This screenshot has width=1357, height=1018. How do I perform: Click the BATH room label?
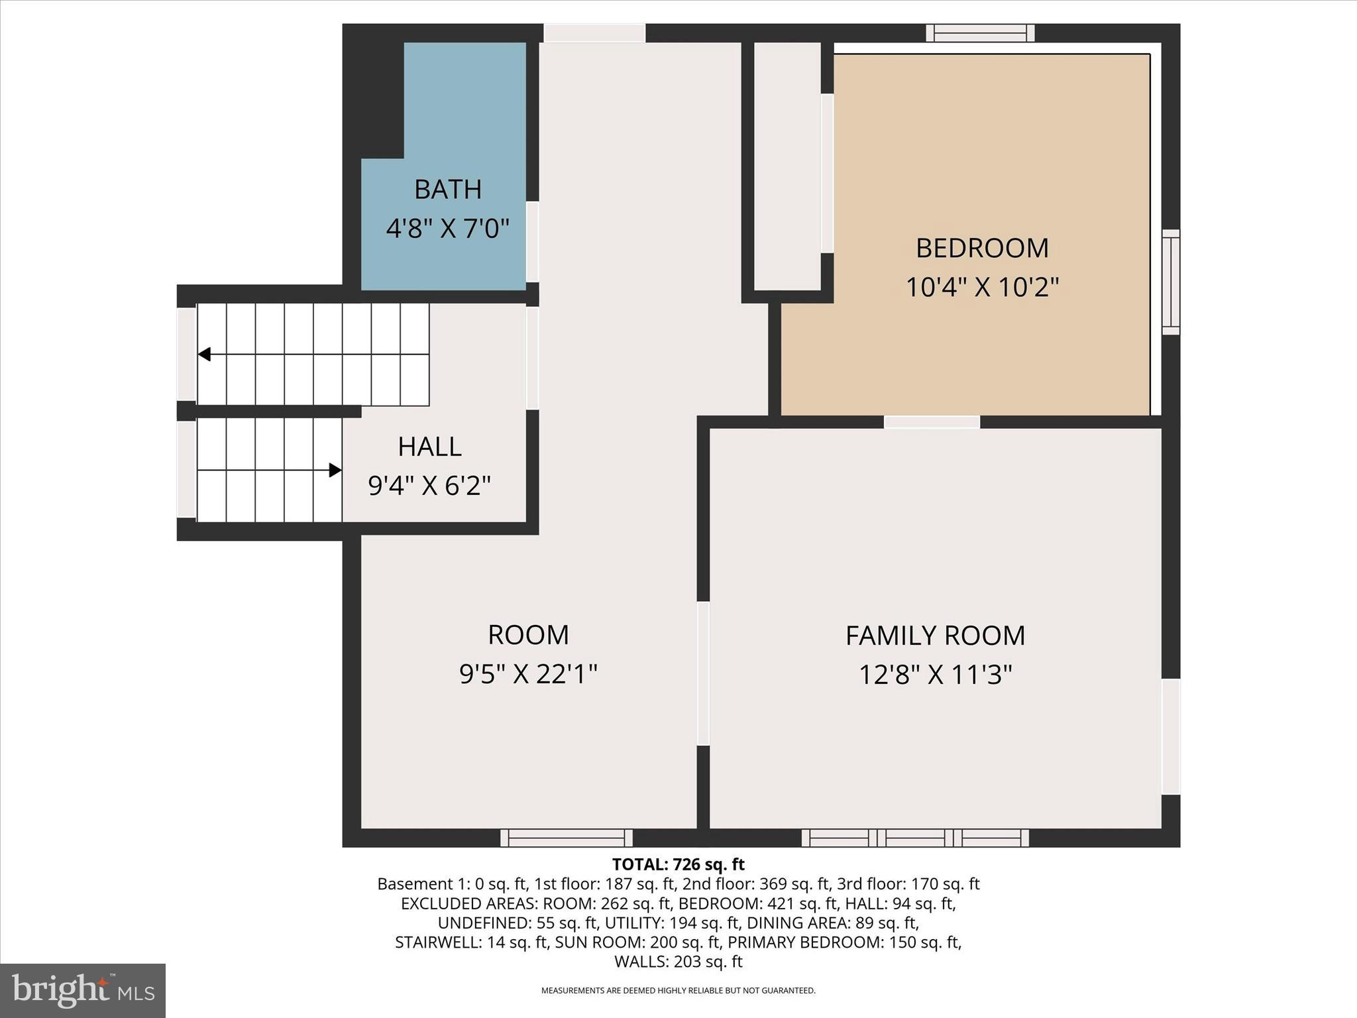448,190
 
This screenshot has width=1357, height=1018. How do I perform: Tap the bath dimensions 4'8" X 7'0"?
448,229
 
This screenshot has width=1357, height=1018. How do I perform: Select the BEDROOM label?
982,248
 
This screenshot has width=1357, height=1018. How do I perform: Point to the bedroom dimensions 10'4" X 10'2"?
982,288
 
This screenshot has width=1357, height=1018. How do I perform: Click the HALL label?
429,447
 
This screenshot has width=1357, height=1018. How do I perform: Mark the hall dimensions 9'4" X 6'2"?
429,486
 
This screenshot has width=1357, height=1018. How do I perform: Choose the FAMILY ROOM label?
935,636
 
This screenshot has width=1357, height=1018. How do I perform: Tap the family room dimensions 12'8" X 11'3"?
935,675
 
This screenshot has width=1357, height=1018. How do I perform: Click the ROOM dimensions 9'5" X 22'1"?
528,675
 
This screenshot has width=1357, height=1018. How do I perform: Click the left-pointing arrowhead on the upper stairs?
205,355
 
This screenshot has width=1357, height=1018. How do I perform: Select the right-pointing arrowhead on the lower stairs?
335,470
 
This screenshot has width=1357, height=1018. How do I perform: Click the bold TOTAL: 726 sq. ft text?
678,864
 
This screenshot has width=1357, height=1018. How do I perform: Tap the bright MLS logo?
83,990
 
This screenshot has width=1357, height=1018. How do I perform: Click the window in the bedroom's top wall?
980,32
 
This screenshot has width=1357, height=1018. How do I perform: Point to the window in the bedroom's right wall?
1171,282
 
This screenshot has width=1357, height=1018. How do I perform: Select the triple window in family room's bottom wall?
915,838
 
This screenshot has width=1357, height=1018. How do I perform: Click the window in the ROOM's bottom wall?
567,838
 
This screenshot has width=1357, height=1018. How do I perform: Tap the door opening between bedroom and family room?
932,422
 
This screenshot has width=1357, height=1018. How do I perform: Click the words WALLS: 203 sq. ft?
678,962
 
